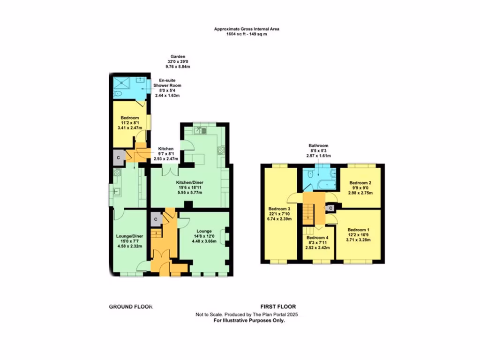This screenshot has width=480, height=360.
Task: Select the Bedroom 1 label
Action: click(359, 230)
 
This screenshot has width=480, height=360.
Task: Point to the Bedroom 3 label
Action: click(280, 209)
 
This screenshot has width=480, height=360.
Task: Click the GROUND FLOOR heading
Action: click(131, 307)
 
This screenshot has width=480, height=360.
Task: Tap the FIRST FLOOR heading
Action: click(278, 307)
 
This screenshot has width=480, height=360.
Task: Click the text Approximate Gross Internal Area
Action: click(247, 29)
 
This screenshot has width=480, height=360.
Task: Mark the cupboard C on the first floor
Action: click(331, 208)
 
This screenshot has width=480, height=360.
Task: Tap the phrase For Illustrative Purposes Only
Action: click(249, 321)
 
